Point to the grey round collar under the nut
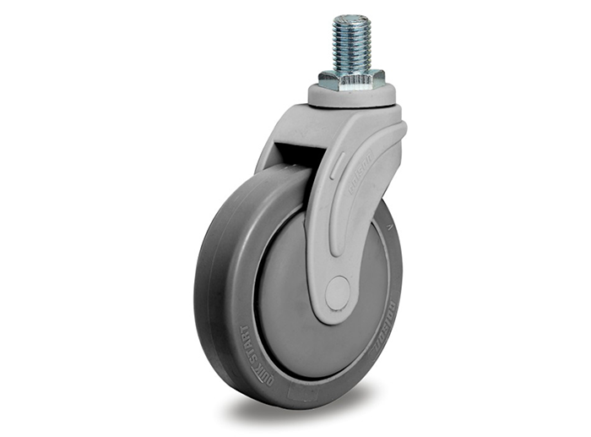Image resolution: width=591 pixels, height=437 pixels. pyautogui.click(x=350, y=96)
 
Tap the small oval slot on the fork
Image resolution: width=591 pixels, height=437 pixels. pyautogui.click(x=336, y=169)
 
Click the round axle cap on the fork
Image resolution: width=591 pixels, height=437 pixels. pyautogui.click(x=338, y=293)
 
